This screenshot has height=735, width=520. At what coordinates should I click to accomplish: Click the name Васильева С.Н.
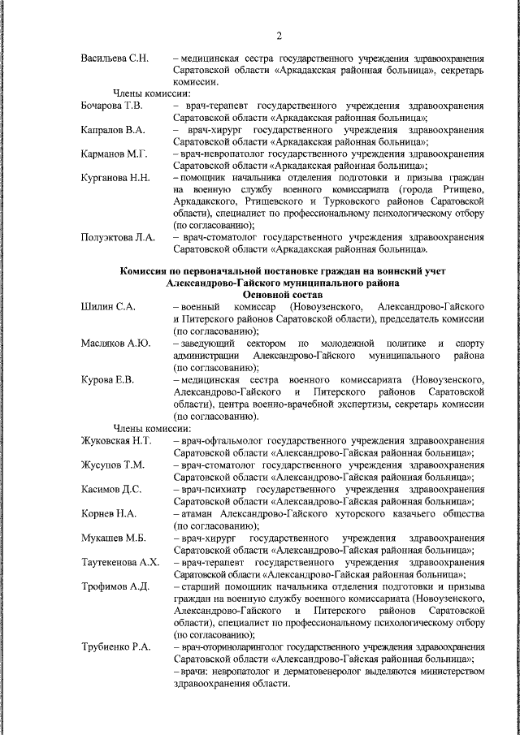coord(115,59)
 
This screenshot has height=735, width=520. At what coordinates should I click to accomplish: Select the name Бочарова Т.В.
coord(113,106)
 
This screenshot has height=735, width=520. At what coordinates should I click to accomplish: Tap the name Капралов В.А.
coord(113,130)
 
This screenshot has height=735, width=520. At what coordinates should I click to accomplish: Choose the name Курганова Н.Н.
coord(115,177)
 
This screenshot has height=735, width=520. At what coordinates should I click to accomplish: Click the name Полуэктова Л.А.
coord(118,236)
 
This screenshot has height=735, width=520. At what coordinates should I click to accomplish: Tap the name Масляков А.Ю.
coord(115,343)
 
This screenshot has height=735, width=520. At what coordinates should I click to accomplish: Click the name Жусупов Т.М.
coord(113,465)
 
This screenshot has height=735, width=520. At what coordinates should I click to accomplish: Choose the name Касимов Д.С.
coord(111,489)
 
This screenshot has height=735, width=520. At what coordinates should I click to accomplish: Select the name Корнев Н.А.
coord(109,513)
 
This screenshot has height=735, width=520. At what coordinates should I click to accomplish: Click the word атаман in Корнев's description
coord(200,513)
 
